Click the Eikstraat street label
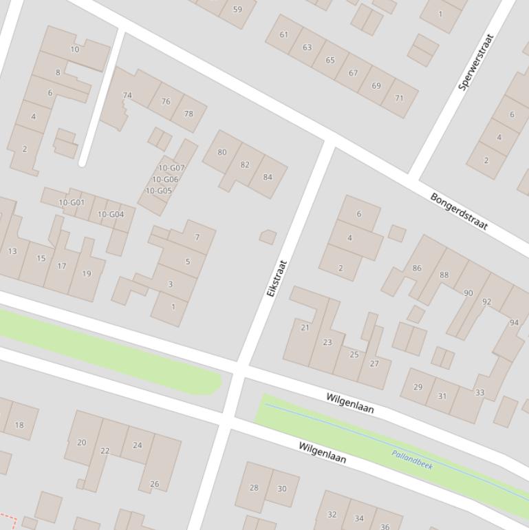[x=276, y=278]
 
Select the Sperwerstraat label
[x=477, y=63]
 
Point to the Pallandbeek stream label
[x=412, y=459]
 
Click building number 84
[x=268, y=177]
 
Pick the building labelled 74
[x=127, y=96]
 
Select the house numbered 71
[x=399, y=98]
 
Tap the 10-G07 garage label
[x=171, y=167]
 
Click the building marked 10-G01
[x=72, y=202]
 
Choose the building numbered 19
[x=87, y=273]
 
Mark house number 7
[x=197, y=237]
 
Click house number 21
[x=305, y=328]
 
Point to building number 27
[x=374, y=363]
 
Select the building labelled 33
[x=479, y=393]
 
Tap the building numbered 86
[x=417, y=268]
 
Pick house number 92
[x=487, y=301]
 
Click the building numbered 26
[x=155, y=484]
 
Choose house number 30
[x=282, y=488]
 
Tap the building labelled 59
[x=237, y=10]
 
